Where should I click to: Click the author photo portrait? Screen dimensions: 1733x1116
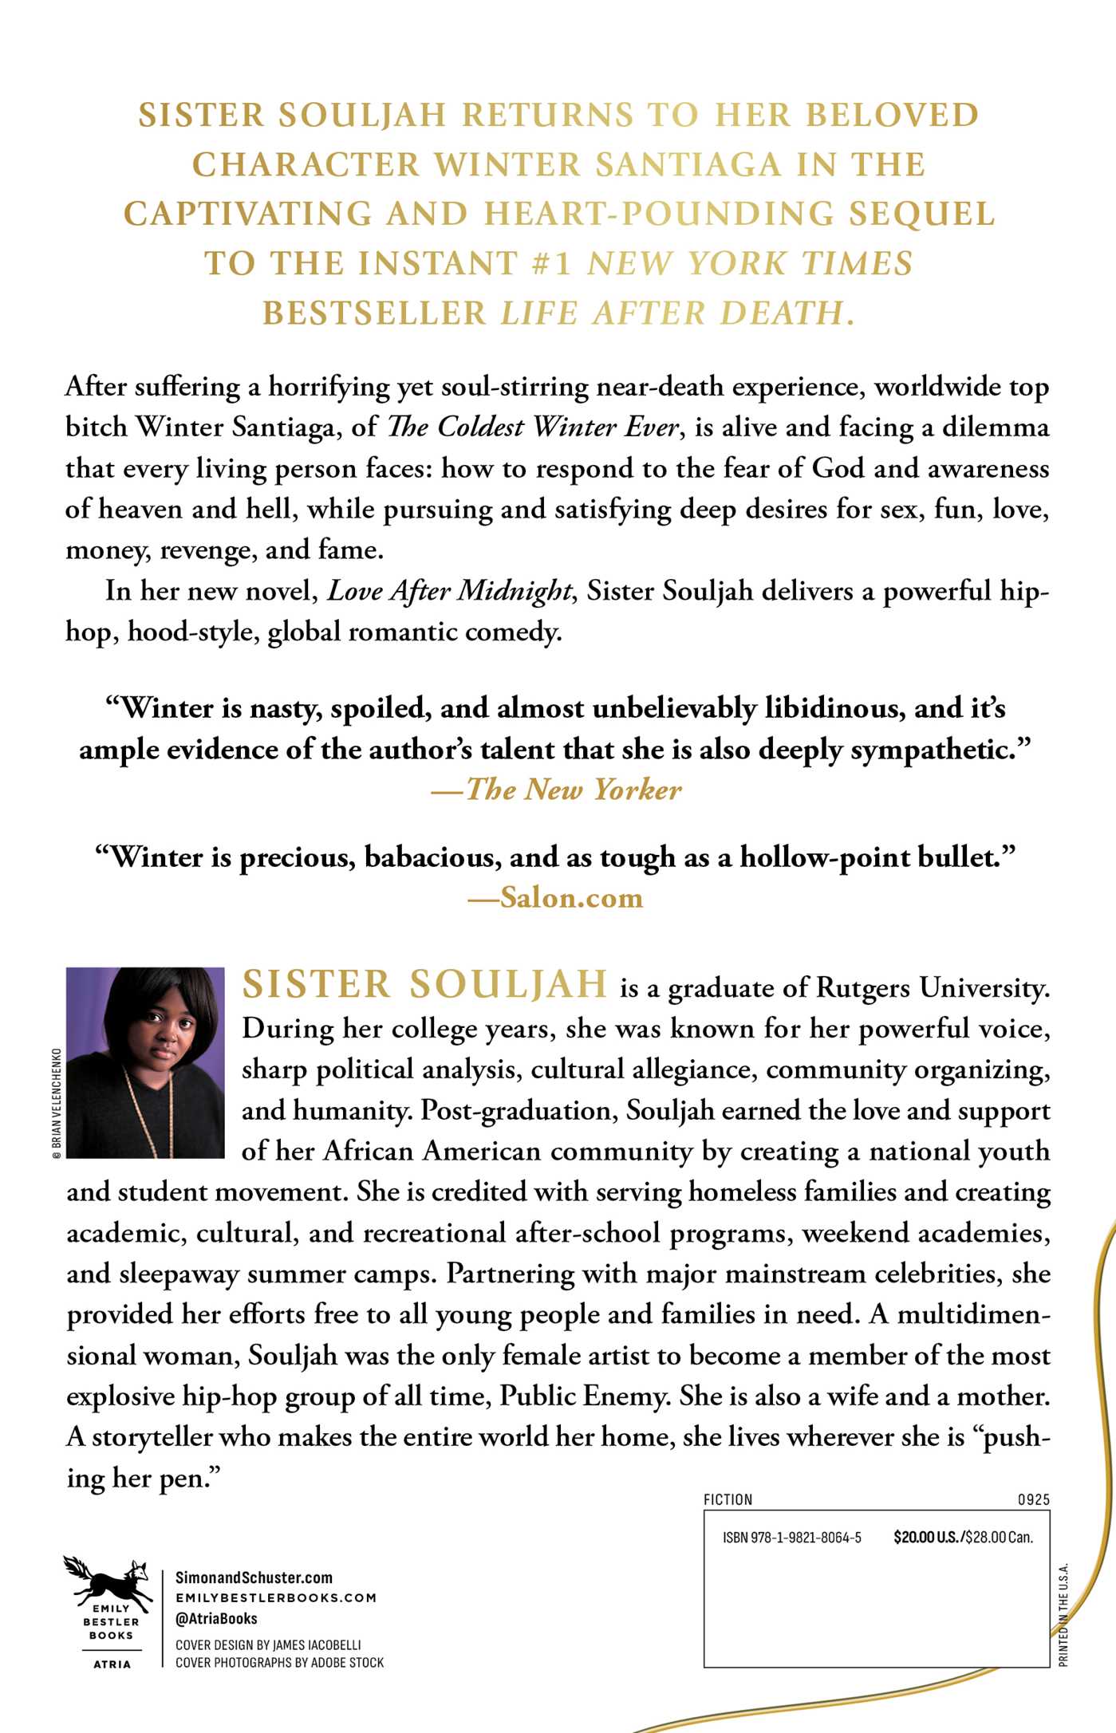(145, 1062)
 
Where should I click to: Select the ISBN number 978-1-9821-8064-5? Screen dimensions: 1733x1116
(792, 1538)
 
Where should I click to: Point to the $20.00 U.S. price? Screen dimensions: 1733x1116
(926, 1538)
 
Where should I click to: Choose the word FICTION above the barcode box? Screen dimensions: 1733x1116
(728, 1499)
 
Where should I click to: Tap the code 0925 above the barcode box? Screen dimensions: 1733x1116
(1033, 1499)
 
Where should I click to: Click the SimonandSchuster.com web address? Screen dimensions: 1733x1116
(254, 1577)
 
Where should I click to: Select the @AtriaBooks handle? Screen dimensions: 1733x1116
(216, 1619)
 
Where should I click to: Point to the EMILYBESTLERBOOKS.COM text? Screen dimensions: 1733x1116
(276, 1597)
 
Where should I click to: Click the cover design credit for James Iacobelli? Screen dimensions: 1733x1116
(268, 1644)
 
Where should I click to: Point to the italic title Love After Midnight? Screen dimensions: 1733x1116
(449, 591)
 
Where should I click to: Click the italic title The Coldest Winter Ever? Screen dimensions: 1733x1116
(532, 427)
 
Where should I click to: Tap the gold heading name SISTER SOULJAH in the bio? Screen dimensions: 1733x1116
(424, 984)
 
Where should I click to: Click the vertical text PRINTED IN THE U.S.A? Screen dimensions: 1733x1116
(1063, 1615)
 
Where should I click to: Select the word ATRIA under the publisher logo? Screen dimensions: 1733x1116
(112, 1664)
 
